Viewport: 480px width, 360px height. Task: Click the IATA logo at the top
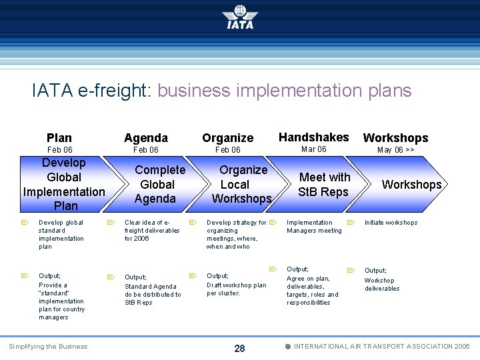(x=240, y=17)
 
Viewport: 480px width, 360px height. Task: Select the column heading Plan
(x=59, y=138)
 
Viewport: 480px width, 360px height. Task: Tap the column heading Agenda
(x=146, y=138)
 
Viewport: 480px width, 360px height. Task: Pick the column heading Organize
(x=228, y=138)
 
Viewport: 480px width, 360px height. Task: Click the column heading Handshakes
(x=313, y=137)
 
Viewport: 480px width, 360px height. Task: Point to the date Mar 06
(x=313, y=149)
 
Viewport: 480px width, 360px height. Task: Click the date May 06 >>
(x=395, y=150)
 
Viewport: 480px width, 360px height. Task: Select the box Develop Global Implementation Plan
(x=64, y=184)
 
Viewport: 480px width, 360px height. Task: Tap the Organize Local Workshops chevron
(x=242, y=185)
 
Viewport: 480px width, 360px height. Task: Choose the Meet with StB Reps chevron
(x=325, y=185)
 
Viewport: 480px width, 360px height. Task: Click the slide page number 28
(x=240, y=348)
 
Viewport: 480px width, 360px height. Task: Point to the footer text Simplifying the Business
(x=47, y=346)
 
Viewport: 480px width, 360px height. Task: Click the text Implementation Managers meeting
(x=314, y=227)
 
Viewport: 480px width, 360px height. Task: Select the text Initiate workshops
(x=391, y=223)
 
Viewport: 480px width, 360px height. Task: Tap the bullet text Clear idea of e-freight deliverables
(x=152, y=231)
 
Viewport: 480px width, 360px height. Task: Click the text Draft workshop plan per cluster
(x=236, y=289)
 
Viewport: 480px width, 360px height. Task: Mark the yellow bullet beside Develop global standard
(x=24, y=223)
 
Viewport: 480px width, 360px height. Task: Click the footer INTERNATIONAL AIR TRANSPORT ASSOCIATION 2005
(x=381, y=347)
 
